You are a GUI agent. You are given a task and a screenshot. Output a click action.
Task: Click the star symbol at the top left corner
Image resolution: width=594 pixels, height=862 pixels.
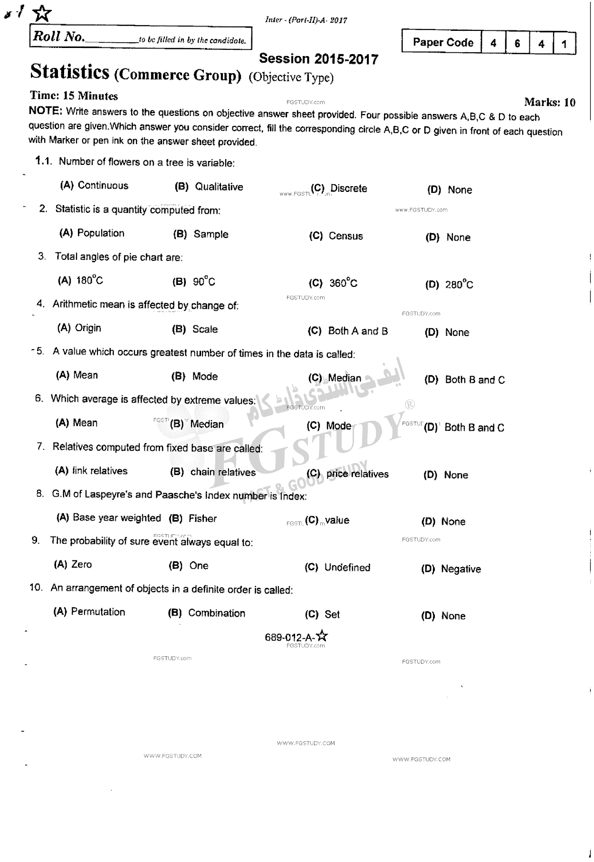[x=42, y=15]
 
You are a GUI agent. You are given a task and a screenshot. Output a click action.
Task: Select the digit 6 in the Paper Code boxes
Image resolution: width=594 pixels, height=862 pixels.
[x=517, y=44]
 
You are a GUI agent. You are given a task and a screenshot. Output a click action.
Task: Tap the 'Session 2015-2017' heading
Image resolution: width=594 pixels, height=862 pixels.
[x=318, y=59]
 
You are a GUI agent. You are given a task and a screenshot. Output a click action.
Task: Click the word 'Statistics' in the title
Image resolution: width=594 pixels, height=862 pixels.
[x=69, y=72]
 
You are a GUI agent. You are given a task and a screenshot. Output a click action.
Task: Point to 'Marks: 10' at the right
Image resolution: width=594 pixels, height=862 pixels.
[x=549, y=102]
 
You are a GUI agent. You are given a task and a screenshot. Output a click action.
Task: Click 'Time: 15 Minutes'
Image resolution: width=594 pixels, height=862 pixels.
[x=74, y=96]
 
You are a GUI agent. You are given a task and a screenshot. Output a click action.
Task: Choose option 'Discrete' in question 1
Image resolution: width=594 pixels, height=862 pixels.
[x=348, y=189]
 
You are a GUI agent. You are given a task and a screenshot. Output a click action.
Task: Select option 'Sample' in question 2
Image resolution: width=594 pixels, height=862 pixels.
[x=211, y=235]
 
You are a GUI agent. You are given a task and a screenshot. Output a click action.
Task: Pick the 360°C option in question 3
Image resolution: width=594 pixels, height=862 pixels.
[x=343, y=283]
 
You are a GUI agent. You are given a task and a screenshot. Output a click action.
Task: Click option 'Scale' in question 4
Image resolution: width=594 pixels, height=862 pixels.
[x=205, y=329]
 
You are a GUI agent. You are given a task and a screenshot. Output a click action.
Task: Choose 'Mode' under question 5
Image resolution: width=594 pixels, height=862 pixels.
[x=205, y=377]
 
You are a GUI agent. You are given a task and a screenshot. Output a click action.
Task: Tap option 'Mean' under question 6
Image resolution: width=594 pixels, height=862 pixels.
[x=85, y=423]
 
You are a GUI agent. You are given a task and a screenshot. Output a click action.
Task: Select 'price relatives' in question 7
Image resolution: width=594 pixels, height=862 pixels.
[x=357, y=474]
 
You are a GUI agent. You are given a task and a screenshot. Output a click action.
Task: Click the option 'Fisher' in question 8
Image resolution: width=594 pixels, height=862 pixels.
[x=202, y=519]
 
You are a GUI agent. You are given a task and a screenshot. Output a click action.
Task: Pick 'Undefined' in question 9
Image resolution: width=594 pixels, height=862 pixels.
[x=347, y=568]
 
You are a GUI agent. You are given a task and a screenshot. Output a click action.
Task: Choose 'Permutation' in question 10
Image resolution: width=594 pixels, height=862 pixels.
[x=98, y=612]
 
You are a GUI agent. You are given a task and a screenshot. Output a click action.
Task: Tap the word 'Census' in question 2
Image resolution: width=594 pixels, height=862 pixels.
[x=345, y=236]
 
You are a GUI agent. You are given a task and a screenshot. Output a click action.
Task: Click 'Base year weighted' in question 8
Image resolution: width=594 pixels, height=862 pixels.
[x=116, y=518]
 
